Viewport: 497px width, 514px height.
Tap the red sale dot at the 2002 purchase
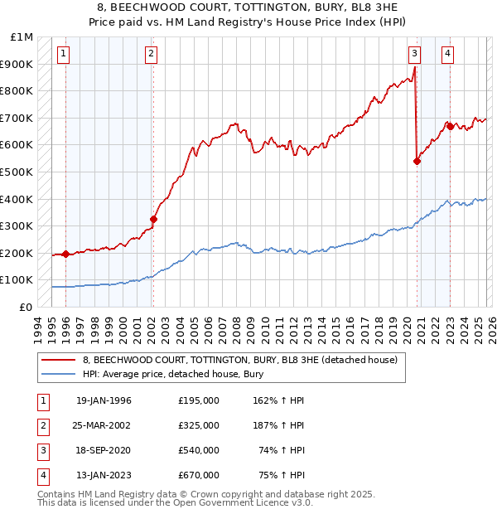(153, 220)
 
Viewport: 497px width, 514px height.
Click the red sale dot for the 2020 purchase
(417, 162)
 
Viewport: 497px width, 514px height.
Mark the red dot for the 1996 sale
(65, 255)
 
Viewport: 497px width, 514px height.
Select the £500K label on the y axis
(17, 172)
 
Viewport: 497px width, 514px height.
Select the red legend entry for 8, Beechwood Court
(240, 360)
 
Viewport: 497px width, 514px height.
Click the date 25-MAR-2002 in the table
(104, 425)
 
